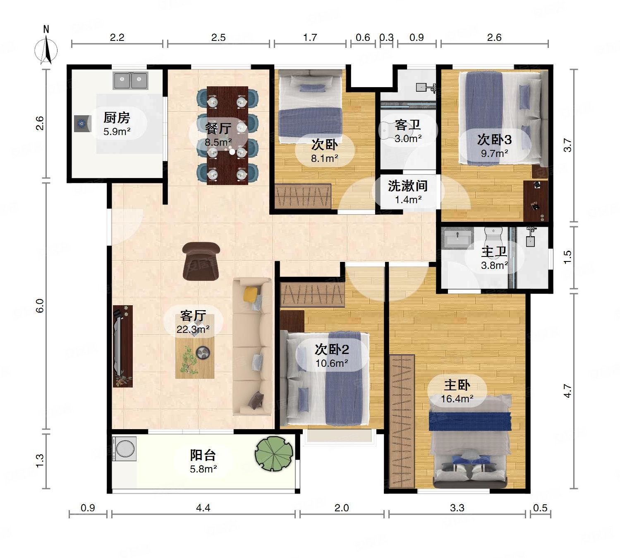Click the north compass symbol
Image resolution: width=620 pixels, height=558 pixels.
pyautogui.click(x=46, y=46)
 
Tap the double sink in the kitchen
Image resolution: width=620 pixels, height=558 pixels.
pyautogui.click(x=130, y=81)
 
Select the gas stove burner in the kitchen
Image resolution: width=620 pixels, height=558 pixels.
pyautogui.click(x=82, y=123)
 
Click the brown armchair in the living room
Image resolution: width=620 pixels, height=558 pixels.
pyautogui.click(x=201, y=261)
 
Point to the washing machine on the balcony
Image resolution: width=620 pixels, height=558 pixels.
pyautogui.click(x=124, y=449)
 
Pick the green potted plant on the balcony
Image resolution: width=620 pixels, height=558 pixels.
pyautogui.click(x=274, y=454)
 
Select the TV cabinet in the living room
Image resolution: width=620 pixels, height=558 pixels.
pyautogui.click(x=123, y=346)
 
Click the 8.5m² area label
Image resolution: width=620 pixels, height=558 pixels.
pyautogui.click(x=218, y=142)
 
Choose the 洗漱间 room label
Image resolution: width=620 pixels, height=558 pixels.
pyautogui.click(x=408, y=186)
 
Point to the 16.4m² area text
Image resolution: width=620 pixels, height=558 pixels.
pyautogui.click(x=457, y=399)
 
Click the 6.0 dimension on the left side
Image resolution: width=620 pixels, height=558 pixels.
pyautogui.click(x=40, y=306)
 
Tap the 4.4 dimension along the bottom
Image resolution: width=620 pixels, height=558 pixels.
pyautogui.click(x=203, y=508)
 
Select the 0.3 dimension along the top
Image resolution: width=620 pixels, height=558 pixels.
pyautogui.click(x=386, y=37)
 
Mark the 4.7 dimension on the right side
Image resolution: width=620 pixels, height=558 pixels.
pyautogui.click(x=568, y=391)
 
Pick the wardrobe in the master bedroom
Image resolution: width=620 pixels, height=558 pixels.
pyautogui.click(x=402, y=421)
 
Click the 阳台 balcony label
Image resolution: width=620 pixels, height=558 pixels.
pyautogui.click(x=203, y=455)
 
